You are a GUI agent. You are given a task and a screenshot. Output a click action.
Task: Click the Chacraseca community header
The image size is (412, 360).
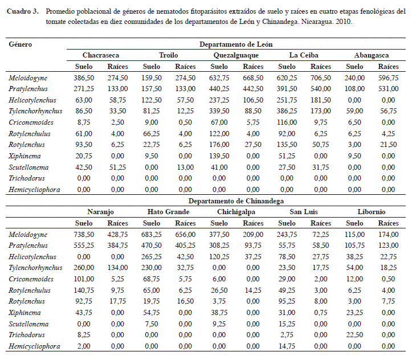pos(101,55)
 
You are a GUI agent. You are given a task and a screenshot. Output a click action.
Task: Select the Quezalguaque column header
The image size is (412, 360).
pos(236,55)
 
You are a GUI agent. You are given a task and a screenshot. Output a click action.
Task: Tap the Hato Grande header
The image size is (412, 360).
pos(168,212)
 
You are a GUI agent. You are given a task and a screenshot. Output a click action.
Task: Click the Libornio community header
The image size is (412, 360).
pos(372,212)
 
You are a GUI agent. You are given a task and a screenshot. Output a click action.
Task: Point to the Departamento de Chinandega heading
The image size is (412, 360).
pos(236,201)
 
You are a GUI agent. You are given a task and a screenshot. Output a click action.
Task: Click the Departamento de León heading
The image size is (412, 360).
pos(236,44)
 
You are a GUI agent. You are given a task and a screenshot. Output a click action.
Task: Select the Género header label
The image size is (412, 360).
pos(21,44)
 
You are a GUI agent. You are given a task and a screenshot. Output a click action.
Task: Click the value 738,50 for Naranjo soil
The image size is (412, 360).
pos(84,234)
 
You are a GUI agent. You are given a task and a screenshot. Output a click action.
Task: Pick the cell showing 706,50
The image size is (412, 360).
pos(321,77)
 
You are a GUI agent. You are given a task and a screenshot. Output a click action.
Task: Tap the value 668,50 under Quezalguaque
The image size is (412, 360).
pos(253,77)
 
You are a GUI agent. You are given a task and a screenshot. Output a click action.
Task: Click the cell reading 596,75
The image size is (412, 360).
pos(389,77)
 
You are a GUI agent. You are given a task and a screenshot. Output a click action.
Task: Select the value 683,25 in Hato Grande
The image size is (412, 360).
pos(152,234)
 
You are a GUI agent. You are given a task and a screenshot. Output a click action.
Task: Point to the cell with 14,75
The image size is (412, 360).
pos(287,346)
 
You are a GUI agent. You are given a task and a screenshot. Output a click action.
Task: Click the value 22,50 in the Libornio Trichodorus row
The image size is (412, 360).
pos(354,335)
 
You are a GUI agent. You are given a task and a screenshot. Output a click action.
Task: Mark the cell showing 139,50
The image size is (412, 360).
pos(219,156)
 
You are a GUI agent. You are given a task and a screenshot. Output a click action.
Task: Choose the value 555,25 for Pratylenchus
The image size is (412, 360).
pos(84,246)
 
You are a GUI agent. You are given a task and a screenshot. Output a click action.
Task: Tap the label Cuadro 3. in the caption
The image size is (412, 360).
pos(23,11)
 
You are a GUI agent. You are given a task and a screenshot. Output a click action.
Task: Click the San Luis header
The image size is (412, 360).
pos(304,212)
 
